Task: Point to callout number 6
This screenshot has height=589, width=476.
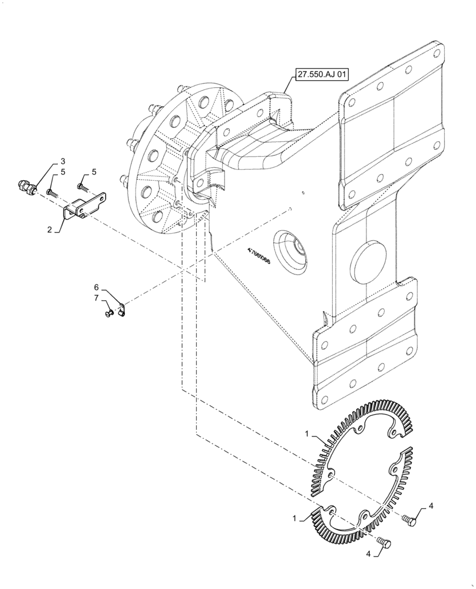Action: click(96, 287)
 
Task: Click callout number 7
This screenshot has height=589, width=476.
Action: click(96, 299)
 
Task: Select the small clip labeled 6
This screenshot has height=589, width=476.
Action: click(122, 309)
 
